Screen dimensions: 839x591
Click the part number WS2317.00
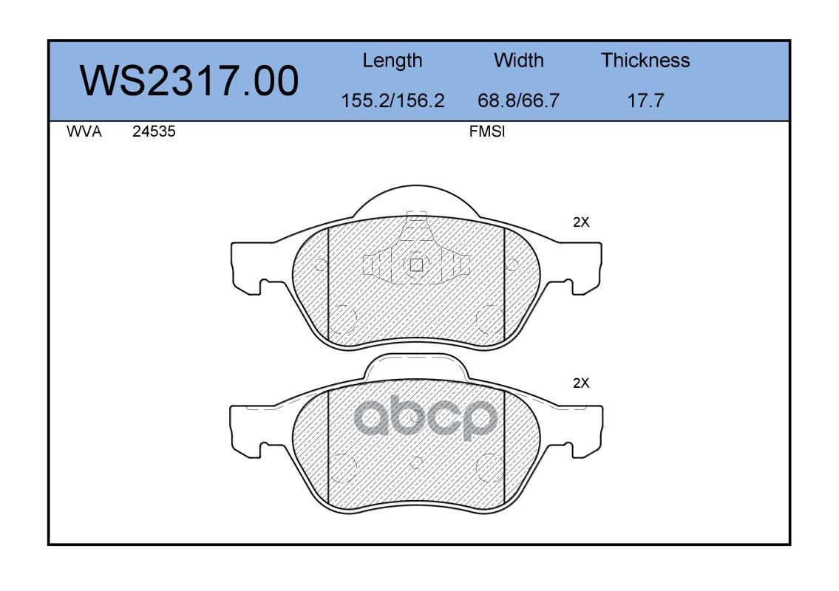click(189, 81)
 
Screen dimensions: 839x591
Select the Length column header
click(393, 61)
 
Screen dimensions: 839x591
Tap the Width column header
click(518, 60)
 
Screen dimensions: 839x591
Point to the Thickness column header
click(645, 60)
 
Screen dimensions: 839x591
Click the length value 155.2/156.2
click(393, 100)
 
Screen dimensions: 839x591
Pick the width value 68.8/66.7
click(518, 100)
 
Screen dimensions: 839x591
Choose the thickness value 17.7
click(645, 100)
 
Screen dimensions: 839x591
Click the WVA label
click(84, 131)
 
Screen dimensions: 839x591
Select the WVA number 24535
click(154, 131)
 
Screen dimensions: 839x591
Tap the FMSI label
click(487, 131)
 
